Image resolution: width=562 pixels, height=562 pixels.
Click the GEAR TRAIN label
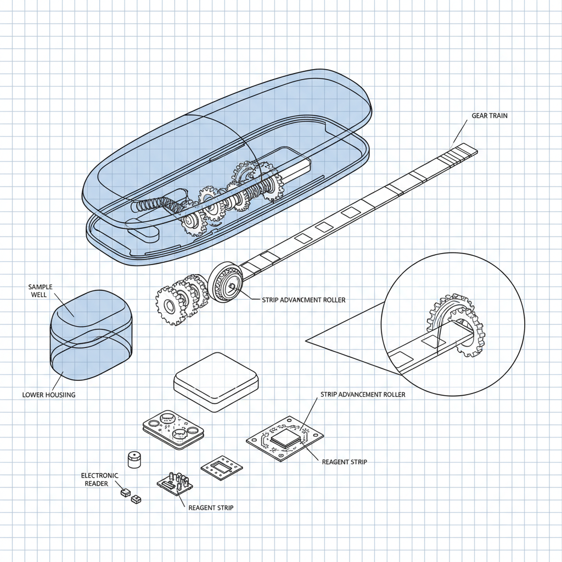(x=489, y=116)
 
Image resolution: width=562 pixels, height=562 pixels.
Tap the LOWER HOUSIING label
(x=49, y=394)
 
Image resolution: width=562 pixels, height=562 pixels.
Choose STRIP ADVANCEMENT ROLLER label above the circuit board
(x=363, y=395)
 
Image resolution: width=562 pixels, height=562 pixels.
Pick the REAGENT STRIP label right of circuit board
(x=344, y=462)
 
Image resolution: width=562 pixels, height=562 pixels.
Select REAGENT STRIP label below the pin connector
(x=211, y=508)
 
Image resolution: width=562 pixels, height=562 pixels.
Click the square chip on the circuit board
(x=286, y=437)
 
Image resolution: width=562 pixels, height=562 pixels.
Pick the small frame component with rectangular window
(x=222, y=468)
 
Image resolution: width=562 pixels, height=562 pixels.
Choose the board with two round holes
(x=172, y=429)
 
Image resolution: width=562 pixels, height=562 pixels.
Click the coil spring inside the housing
(x=153, y=206)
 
